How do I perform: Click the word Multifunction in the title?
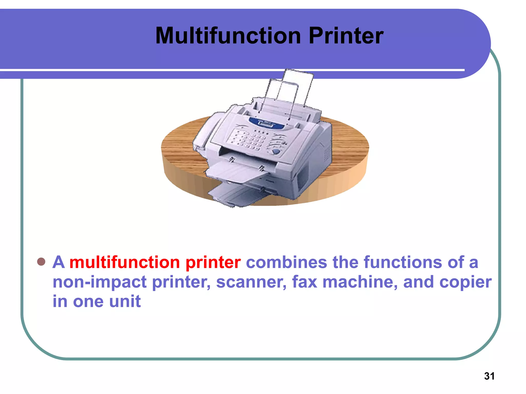(x=228, y=36)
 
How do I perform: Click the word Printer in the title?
(x=346, y=36)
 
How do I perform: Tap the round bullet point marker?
(x=41, y=262)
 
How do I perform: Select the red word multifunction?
(x=125, y=262)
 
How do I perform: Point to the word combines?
(x=286, y=262)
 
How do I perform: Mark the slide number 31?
(x=489, y=376)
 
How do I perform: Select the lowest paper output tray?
(x=231, y=195)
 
